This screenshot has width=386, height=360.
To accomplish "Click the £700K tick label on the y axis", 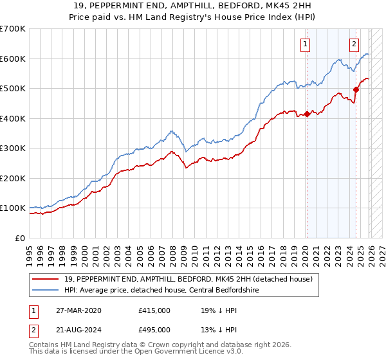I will (13, 29).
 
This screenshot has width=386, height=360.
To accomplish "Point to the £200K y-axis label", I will (13, 178).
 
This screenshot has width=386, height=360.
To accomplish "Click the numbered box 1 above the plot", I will (305, 44).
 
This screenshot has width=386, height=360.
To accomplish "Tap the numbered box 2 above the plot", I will (354, 44).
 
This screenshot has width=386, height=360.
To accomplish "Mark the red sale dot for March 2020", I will (307, 114).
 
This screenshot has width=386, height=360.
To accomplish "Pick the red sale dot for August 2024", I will (356, 90).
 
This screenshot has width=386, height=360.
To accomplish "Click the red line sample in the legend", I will (47, 279).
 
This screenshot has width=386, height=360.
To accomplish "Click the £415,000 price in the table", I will (154, 310).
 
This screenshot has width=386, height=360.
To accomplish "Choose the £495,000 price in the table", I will (154, 329).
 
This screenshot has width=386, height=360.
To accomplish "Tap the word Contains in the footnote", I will (46, 345).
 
